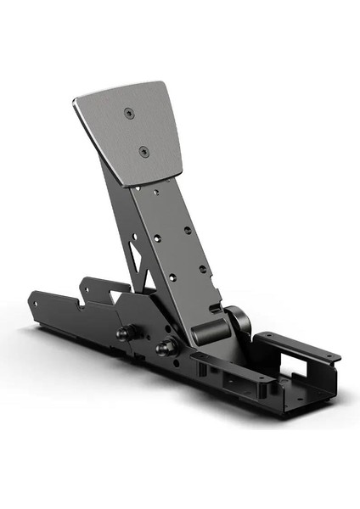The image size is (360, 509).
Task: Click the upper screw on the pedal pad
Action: pyautogui.click(x=128, y=112)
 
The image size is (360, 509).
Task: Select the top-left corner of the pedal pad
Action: pyautogui.click(x=75, y=98)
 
